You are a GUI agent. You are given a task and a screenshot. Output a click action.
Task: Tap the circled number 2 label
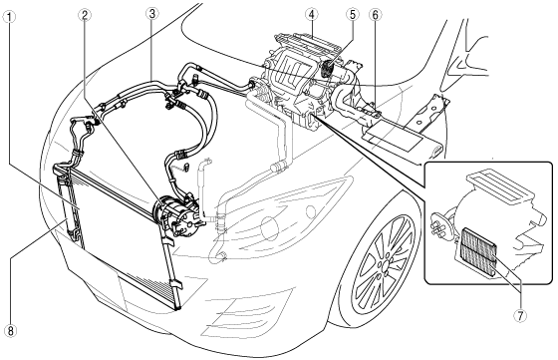point(85,15)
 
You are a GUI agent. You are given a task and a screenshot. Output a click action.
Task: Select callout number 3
point(152,14)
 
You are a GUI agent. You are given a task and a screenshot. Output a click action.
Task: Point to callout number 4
point(311,15)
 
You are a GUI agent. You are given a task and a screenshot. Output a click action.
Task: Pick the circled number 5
point(353,15)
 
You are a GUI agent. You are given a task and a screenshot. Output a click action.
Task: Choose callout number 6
point(376,15)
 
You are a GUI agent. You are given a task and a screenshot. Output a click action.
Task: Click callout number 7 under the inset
point(520,314)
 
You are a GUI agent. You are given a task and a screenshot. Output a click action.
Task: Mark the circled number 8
point(10,331)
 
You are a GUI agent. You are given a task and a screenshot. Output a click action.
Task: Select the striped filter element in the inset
point(477,252)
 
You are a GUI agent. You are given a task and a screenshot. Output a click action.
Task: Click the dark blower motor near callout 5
point(328,69)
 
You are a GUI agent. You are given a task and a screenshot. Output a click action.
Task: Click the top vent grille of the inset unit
point(500,185)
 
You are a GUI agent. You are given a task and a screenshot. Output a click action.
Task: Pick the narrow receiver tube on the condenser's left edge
point(66,204)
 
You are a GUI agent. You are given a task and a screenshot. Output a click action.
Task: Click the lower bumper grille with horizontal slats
point(246,316)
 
